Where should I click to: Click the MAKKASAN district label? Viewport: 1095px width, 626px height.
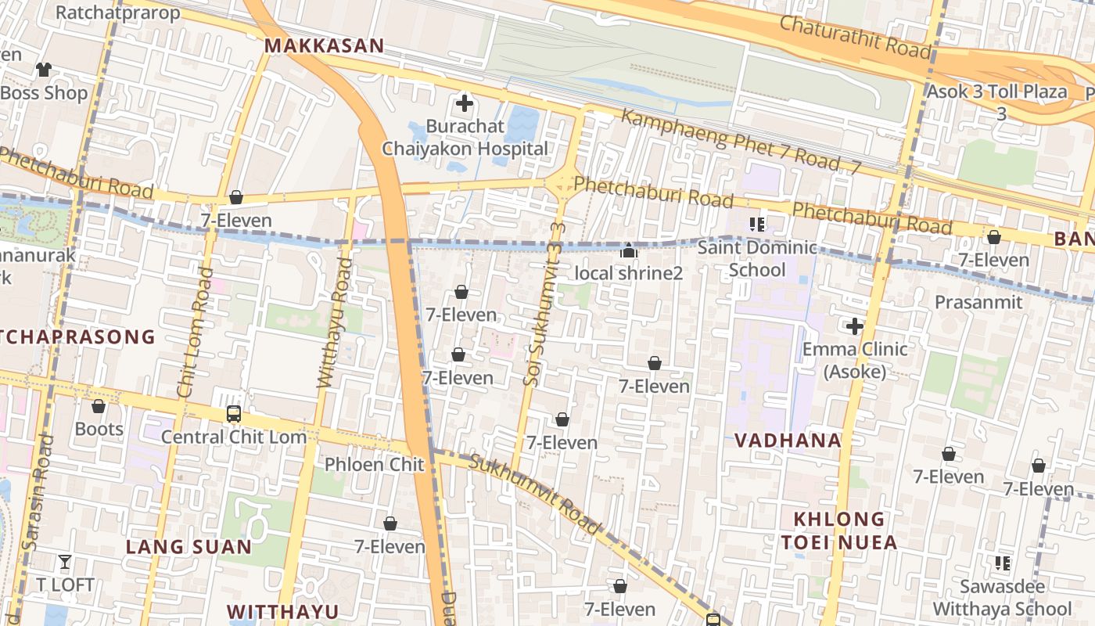[x=324, y=45]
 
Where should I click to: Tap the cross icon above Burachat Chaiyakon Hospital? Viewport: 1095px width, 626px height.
[x=465, y=103]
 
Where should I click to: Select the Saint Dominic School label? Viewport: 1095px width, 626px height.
[x=756, y=258]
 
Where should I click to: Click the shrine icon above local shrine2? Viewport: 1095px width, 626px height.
[x=629, y=250]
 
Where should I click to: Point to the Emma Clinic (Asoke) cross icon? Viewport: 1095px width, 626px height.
[x=854, y=326]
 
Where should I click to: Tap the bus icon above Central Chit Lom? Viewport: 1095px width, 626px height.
[x=233, y=413]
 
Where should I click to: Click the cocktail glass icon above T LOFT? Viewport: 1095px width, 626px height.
[x=64, y=561]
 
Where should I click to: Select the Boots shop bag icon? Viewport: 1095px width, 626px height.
[x=99, y=406]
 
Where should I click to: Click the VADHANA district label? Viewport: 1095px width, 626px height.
[x=788, y=441]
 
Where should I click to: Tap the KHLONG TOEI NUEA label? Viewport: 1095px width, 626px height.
[x=838, y=531]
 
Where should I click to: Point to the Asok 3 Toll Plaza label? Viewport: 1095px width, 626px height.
[x=997, y=92]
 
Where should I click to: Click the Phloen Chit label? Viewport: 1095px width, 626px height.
[x=375, y=464]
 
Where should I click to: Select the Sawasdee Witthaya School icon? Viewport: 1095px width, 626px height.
[x=1002, y=563]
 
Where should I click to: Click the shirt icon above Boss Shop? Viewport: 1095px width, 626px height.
[x=43, y=69]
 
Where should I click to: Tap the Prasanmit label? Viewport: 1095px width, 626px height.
[x=978, y=302]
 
